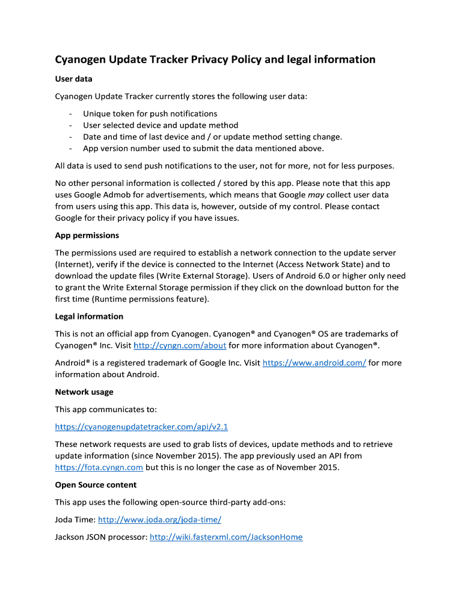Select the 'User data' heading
click(73, 79)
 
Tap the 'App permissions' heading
click(87, 235)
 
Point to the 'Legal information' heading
click(89, 316)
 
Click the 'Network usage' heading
click(84, 392)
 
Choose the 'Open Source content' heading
click(96, 485)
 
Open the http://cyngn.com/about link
click(179, 345)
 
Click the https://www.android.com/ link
click(314, 363)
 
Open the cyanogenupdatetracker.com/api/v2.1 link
click(141, 427)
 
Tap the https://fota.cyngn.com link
click(99, 467)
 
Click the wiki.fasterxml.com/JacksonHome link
click(226, 537)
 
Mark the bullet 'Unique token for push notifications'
click(150, 114)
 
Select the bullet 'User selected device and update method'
click(161, 125)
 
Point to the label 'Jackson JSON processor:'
click(101, 537)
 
